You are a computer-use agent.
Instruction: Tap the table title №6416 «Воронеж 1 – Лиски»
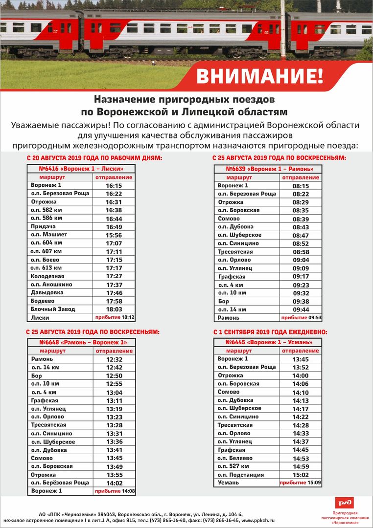[x=81, y=169]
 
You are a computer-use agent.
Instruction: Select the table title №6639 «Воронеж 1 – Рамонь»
[x=269, y=169]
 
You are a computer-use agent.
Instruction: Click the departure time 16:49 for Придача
[x=114, y=227]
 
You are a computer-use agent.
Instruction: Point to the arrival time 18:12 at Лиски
[x=128, y=317]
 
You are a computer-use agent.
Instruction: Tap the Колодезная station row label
[x=44, y=276]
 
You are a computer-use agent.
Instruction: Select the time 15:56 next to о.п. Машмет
[x=114, y=235]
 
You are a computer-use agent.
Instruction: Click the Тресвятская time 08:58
[x=301, y=252]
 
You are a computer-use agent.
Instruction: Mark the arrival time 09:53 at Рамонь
[x=315, y=317]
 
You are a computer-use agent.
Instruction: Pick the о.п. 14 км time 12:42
[x=114, y=368]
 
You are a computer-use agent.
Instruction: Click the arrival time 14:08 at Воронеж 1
[x=128, y=491]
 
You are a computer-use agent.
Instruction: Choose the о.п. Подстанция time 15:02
[x=301, y=475]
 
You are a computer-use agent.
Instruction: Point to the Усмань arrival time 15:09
[x=314, y=483]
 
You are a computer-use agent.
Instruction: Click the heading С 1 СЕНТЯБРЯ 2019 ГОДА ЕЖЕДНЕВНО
[x=270, y=332]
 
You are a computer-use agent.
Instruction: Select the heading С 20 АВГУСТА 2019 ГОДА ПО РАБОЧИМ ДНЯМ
[x=94, y=158]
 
